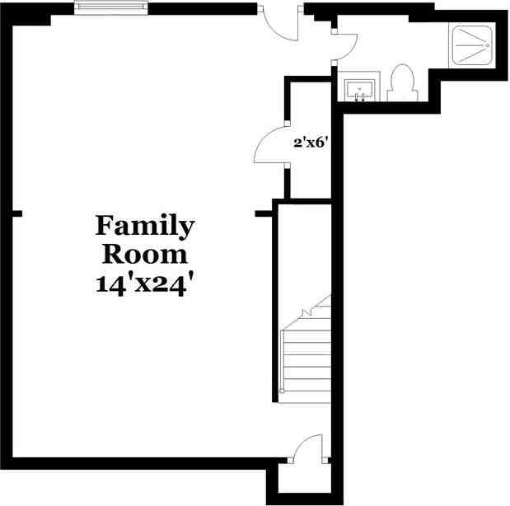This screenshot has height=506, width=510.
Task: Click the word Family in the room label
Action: (145, 225)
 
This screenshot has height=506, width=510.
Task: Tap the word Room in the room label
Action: (145, 253)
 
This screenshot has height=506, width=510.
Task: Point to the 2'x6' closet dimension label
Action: (311, 142)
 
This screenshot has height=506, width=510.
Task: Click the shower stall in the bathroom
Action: (472, 45)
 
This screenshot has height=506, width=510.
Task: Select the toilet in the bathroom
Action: (401, 82)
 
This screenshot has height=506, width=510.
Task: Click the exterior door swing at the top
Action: (283, 25)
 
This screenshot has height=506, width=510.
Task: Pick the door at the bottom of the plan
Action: (308, 449)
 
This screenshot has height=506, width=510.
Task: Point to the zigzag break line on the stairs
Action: (316, 309)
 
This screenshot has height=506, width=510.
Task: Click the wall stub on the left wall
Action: (16, 213)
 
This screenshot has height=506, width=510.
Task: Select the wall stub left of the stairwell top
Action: (263, 213)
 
